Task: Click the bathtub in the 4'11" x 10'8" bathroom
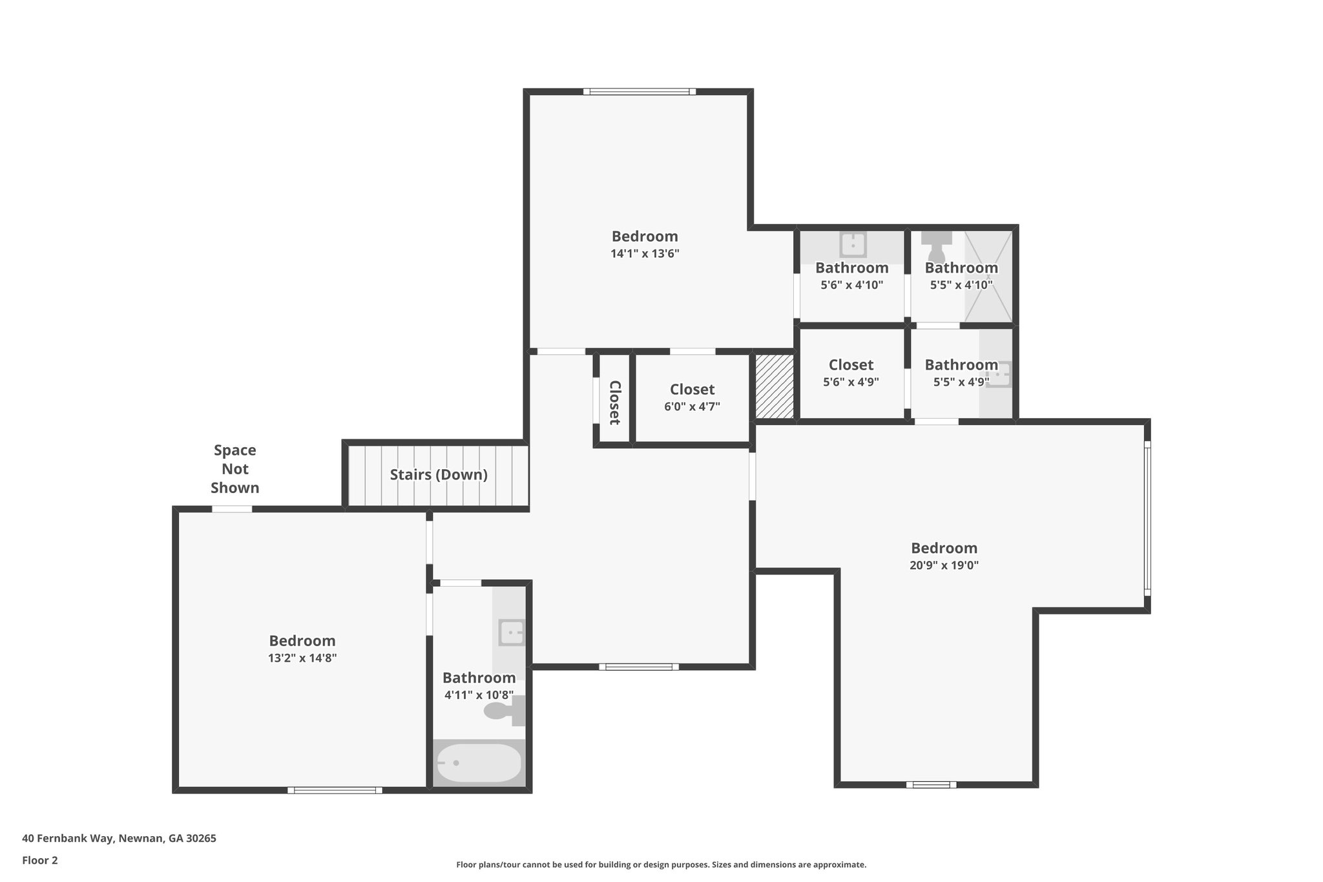[479, 762]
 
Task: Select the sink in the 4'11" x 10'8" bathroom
[512, 632]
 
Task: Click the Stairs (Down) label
[439, 475]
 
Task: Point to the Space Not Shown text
[235, 469]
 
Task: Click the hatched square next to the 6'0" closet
[774, 386]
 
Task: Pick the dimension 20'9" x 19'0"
[944, 565]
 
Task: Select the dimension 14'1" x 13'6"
[645, 254]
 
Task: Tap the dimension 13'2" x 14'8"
[302, 658]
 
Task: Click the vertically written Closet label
[614, 403]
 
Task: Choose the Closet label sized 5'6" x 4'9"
[851, 365]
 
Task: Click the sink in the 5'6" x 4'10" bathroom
[853, 245]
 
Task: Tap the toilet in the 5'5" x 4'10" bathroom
[936, 246]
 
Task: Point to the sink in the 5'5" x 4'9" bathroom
[999, 373]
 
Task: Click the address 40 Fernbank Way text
[119, 839]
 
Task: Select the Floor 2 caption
[40, 860]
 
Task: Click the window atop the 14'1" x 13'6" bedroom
[640, 92]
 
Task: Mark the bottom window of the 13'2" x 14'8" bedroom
[335, 790]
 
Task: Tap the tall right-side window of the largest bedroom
[1147, 517]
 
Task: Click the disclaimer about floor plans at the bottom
[661, 865]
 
